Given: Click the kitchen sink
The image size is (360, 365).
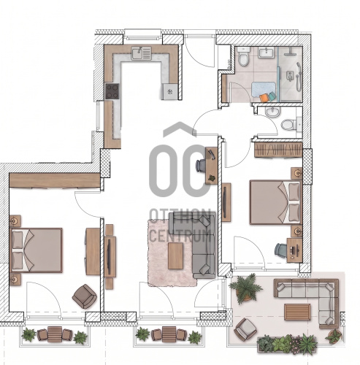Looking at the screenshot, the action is click(142, 53).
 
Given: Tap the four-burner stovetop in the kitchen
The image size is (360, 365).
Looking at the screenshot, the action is click(112, 91).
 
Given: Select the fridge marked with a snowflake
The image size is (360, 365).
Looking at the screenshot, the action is click(169, 91).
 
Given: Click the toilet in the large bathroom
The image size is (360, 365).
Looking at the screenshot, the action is click(243, 56).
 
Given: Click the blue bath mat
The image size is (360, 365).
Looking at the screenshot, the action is click(264, 89).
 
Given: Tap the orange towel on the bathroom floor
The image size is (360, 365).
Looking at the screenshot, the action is click(264, 98).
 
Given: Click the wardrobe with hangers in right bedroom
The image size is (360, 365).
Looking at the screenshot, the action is click(278, 150).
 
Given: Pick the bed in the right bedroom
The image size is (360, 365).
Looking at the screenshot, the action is click(275, 202).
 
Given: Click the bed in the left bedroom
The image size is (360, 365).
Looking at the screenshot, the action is click(36, 250).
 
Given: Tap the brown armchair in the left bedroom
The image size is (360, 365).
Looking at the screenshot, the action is click(85, 296).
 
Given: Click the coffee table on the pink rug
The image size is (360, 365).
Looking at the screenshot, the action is click(175, 255).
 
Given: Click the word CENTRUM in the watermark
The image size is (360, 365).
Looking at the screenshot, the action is click(180, 235).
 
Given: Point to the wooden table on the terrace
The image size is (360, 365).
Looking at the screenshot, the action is click(297, 312).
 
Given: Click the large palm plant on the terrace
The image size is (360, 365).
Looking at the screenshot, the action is click(246, 288).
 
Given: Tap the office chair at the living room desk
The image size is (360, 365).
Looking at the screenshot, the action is click(202, 166).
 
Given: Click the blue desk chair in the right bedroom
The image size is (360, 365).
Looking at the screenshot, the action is click(280, 250).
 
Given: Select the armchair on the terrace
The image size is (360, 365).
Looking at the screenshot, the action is click(245, 330).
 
